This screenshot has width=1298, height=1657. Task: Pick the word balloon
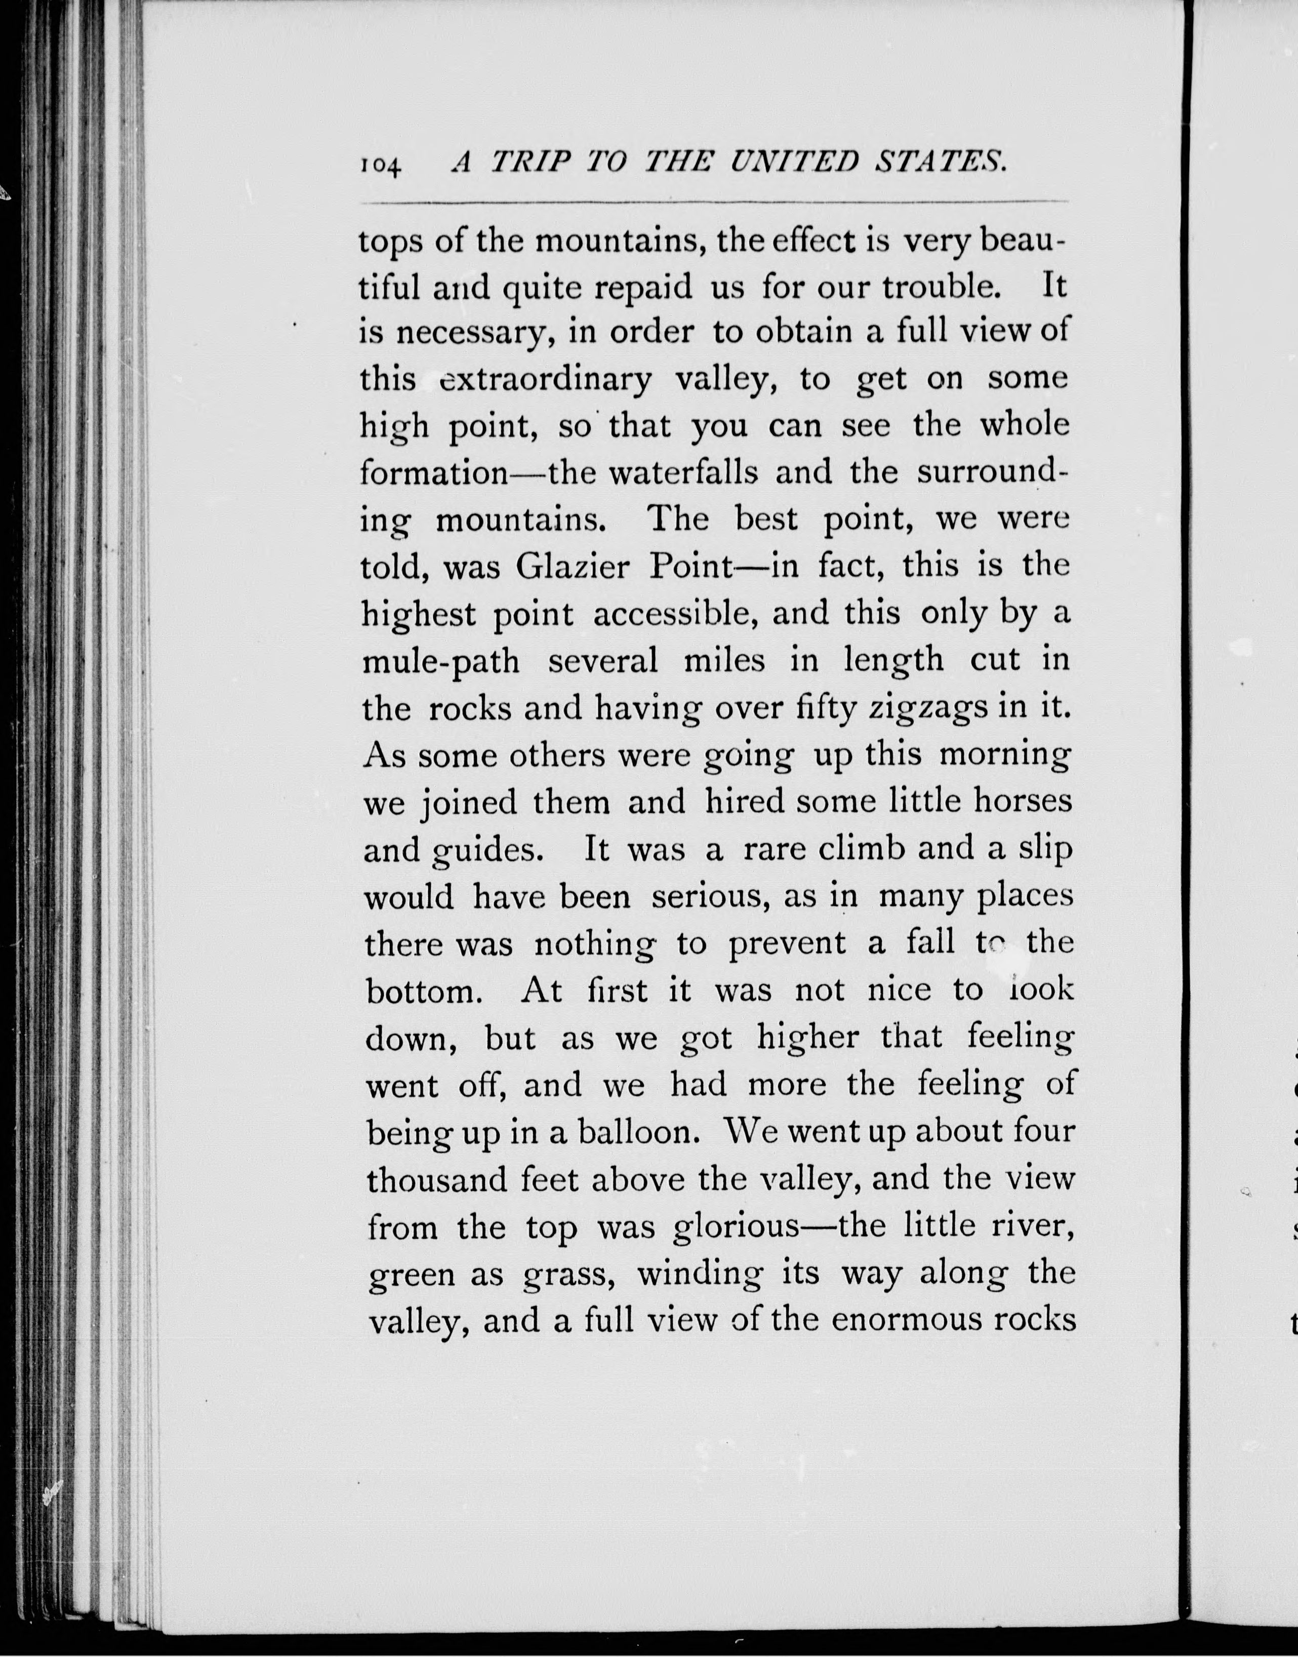(x=638, y=1132)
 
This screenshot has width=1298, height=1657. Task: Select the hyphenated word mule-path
(x=441, y=662)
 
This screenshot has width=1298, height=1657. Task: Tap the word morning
(x=1005, y=756)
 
